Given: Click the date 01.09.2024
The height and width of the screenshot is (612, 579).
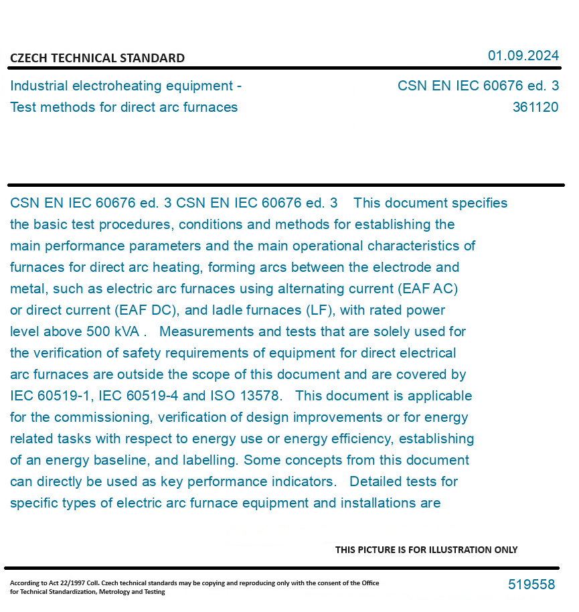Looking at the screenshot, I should point(523,56).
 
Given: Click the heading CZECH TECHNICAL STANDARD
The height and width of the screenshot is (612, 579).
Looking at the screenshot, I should point(97,58).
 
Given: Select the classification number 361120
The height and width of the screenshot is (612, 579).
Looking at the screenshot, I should point(535,107).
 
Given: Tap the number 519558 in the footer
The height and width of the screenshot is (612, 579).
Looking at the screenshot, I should point(531,585).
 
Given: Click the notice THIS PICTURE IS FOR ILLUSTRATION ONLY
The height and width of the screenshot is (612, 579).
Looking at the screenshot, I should point(426,550).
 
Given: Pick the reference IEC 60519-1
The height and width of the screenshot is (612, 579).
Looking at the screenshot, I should point(51,396).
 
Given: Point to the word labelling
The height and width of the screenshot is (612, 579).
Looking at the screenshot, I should point(209,460).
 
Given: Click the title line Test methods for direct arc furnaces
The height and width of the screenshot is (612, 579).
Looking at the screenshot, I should point(124,107).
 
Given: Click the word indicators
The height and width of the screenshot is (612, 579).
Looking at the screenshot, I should point(302,481).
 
